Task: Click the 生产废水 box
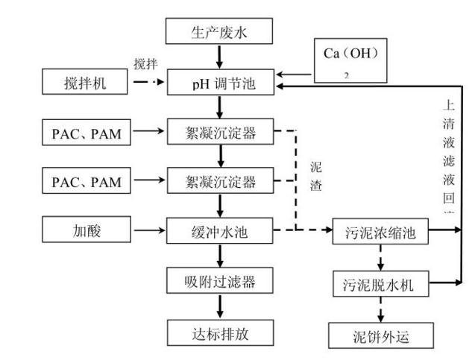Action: [x=219, y=32]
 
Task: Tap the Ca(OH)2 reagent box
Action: [x=351, y=60]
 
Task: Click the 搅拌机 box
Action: [x=85, y=83]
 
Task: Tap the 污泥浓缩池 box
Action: [x=381, y=233]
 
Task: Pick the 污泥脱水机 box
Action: [x=381, y=283]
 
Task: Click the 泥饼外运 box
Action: [x=381, y=335]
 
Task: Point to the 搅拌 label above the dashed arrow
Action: [x=145, y=64]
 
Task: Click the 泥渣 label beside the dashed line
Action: [x=316, y=177]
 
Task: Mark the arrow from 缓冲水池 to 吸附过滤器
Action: [x=219, y=256]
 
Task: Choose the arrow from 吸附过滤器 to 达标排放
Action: [x=219, y=307]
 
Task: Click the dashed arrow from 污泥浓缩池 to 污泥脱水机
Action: [x=381, y=258]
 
